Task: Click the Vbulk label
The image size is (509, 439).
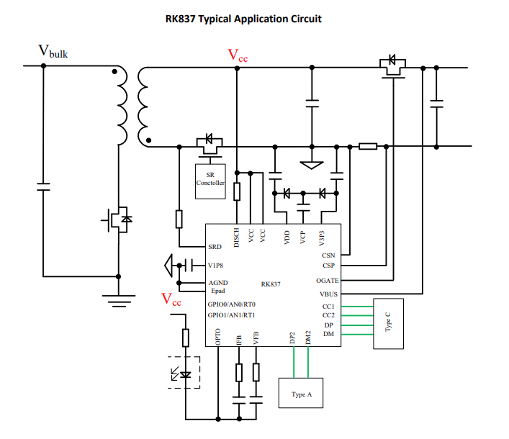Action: coord(53,52)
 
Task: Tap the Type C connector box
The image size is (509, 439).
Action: coord(389,323)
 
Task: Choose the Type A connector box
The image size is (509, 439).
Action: coord(302,394)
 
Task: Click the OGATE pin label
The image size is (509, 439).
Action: coord(328,281)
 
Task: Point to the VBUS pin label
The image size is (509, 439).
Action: coord(329,294)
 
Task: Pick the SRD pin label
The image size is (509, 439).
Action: coord(215,247)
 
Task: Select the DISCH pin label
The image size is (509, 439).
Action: coord(237,237)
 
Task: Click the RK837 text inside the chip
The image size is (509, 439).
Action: coord(271,284)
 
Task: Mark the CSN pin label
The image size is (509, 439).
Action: coord(328,255)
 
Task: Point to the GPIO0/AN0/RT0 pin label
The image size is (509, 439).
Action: coord(231,304)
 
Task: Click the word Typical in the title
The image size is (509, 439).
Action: coord(219,19)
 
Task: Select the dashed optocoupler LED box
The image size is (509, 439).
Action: coord(184,372)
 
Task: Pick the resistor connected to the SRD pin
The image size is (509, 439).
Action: coord(179,218)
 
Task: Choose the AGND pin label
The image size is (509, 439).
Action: coord(217,283)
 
